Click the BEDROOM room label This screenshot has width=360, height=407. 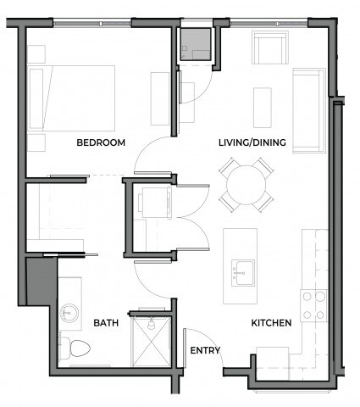coord(101,142)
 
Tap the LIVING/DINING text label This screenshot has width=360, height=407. coord(245,142)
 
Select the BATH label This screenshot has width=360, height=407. coord(106,323)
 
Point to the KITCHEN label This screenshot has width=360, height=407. coord(271,323)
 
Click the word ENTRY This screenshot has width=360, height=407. coord(205,350)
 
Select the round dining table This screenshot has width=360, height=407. coord(246,185)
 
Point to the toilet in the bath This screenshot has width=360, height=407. coord(75,347)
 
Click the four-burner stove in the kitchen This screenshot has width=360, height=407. coord(314,304)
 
